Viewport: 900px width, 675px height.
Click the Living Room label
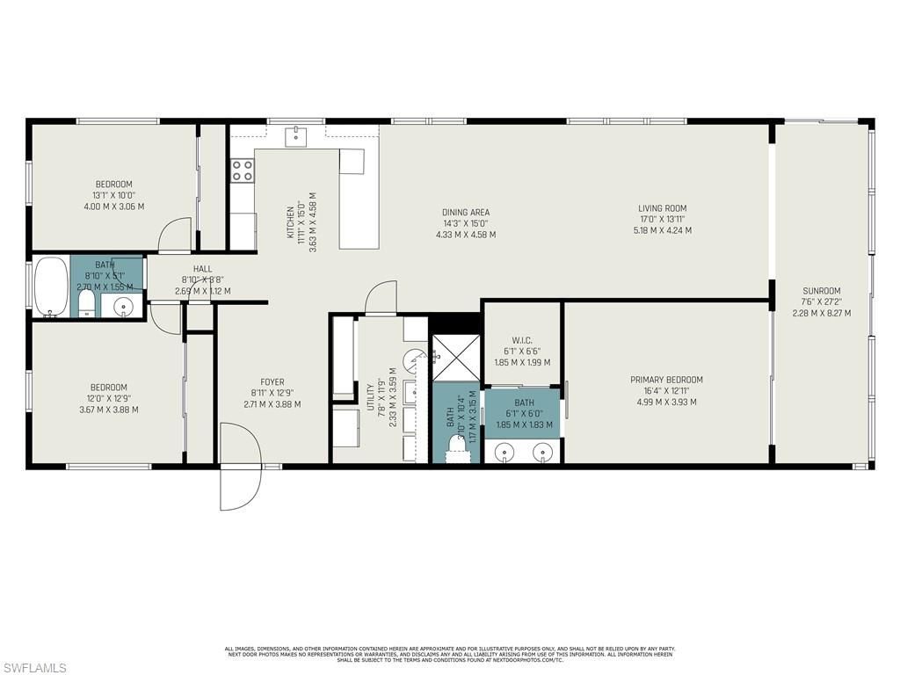(662, 208)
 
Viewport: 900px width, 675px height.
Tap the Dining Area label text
(466, 212)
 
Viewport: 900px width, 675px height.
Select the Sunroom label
(821, 291)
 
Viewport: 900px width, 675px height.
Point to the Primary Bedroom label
(666, 380)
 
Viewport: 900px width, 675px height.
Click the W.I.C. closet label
(522, 340)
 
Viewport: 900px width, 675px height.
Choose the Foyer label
(272, 381)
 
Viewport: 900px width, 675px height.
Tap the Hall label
(202, 270)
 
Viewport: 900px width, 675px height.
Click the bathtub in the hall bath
(51, 286)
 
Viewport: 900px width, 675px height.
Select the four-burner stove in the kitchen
(243, 170)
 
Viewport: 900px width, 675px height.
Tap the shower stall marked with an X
(455, 358)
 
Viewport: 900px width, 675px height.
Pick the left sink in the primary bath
(504, 452)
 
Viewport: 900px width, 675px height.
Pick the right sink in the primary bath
(544, 452)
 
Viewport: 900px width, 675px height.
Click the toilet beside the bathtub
(86, 304)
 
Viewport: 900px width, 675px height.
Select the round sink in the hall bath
(124, 307)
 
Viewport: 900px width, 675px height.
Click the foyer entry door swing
(238, 466)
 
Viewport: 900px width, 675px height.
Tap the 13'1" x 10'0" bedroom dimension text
(113, 195)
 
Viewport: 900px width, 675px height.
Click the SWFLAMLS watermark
(35, 668)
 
